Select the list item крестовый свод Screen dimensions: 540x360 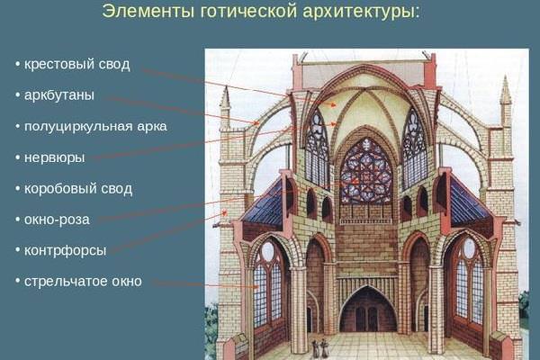pyautogui.click(x=77, y=65)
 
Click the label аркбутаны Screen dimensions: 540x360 pyautogui.click(x=59, y=95)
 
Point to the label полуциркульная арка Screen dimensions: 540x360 pyautogui.click(x=95, y=126)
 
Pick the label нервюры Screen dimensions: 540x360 pyautogui.click(x=54, y=157)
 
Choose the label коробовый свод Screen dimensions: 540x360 pyautogui.click(x=78, y=189)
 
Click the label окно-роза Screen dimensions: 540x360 pyautogui.click(x=57, y=220)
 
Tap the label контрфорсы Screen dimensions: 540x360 pyautogui.click(x=65, y=250)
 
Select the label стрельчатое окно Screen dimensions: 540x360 pyautogui.click(x=83, y=282)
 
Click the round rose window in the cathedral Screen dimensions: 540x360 pyautogui.click(x=365, y=172)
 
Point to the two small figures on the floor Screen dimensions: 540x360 pyautogui.click(x=319, y=348)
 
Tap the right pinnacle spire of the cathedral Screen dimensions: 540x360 pyautogui.click(x=506, y=101)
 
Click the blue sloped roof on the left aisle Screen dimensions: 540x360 pyautogui.click(x=264, y=204)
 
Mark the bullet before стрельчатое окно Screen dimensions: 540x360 pyautogui.click(x=17, y=282)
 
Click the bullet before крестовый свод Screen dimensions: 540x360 pyautogui.click(x=17, y=65)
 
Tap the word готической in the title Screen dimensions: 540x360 pyautogui.click(x=248, y=12)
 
